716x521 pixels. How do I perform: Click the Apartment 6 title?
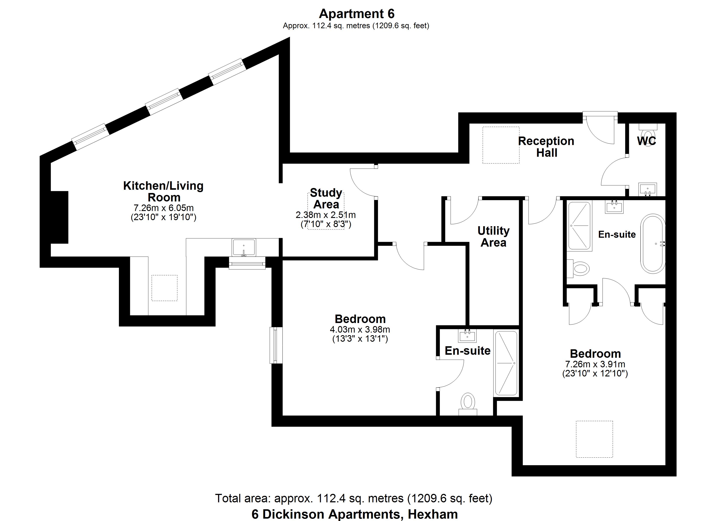pyautogui.click(x=356, y=14)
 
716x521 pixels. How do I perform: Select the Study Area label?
pyautogui.click(x=326, y=198)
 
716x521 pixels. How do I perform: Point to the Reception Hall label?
pyautogui.click(x=546, y=147)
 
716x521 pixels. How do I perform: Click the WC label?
pyautogui.click(x=646, y=141)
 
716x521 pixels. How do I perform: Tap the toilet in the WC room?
pyautogui.click(x=648, y=133)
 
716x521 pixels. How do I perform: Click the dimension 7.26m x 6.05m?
pyautogui.click(x=164, y=208)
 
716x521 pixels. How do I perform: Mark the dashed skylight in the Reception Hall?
pyautogui.click(x=501, y=145)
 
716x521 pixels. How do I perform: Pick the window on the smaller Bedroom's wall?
pyautogui.click(x=276, y=345)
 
